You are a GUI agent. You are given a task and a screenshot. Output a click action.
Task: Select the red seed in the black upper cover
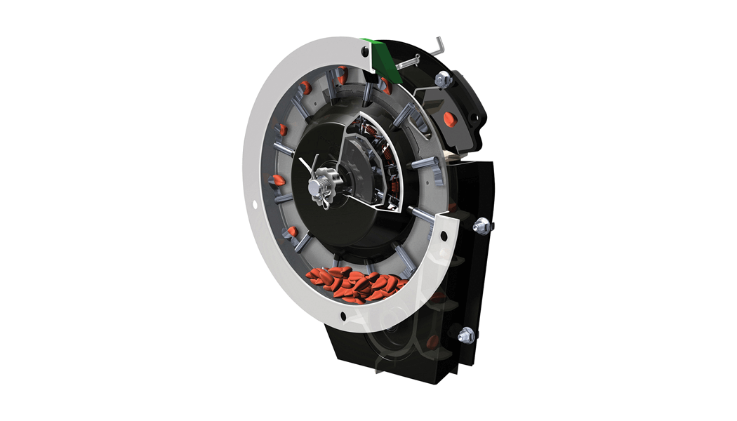(451, 116)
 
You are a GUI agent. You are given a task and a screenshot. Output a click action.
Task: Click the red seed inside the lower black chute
(432, 342)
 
